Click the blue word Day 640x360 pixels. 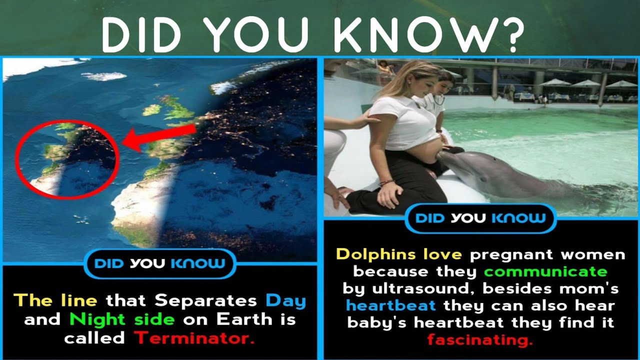tap(286, 301)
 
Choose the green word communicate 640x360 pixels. tap(546, 271)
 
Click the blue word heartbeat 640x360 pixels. tap(391, 305)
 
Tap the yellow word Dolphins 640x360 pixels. tap(375, 254)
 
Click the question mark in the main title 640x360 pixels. tap(511, 36)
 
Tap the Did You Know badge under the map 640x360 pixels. tap(160, 263)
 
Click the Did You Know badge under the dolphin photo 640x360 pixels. tap(480, 218)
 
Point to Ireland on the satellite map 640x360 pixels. tap(152, 109)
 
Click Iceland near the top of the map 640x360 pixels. tap(104, 76)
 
